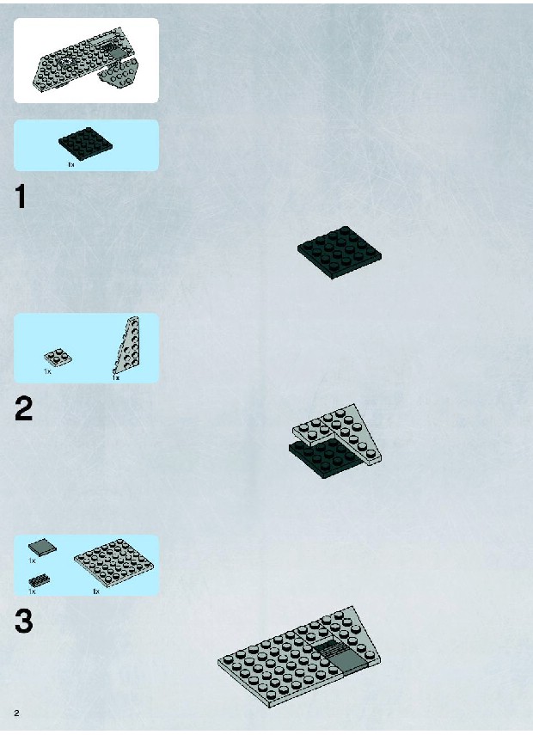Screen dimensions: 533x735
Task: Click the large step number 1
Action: coord(20,196)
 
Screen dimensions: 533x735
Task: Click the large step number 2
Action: coord(23,408)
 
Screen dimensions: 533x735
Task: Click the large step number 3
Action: coord(24,621)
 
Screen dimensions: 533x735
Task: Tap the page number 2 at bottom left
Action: coord(17,713)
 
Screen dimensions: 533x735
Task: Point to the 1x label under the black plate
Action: coord(71,164)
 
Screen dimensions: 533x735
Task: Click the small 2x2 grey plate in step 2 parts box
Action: coord(58,358)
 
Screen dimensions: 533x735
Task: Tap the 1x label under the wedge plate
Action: coord(116,377)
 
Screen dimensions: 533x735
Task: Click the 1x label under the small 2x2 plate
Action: coord(47,371)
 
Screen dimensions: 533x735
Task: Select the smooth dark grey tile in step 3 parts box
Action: coord(42,547)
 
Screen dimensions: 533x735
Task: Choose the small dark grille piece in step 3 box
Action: coord(40,581)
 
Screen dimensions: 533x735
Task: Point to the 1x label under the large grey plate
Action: coord(96,591)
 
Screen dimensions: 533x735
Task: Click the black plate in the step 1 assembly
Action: coord(340,252)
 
